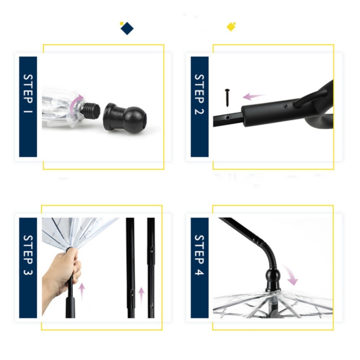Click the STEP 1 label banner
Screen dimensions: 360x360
coord(28,107)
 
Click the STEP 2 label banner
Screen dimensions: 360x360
coord(199,107)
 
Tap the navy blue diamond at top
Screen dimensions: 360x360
coord(127,28)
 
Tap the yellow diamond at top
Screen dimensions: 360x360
coord(231,26)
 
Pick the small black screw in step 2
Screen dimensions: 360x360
coord(227,96)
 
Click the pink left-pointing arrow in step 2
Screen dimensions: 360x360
coord(254,96)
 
